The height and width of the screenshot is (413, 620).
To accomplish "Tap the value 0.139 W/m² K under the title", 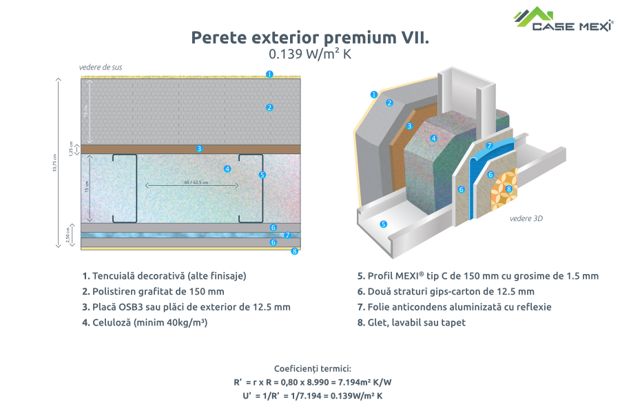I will coord(309,54).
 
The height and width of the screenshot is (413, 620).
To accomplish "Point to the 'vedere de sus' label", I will coord(101,67).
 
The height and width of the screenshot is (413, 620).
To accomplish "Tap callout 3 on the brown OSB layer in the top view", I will coord(198,148).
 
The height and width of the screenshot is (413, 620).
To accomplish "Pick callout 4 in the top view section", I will coord(227,169).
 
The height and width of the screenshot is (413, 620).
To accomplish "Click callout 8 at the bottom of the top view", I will coord(294,251).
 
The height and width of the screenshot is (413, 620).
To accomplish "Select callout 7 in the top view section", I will coord(287,235).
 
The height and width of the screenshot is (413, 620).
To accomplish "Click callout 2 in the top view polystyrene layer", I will coord(269,107).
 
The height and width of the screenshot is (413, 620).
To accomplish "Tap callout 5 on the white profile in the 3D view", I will coord(384,224).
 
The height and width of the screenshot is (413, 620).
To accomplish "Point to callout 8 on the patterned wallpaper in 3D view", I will coord(508,189).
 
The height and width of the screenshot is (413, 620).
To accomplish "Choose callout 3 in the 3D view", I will coord(409,126).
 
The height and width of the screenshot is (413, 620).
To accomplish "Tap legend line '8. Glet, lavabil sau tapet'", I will coord(411,322).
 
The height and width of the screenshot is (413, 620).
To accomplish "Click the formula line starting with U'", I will coord(313,396).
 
